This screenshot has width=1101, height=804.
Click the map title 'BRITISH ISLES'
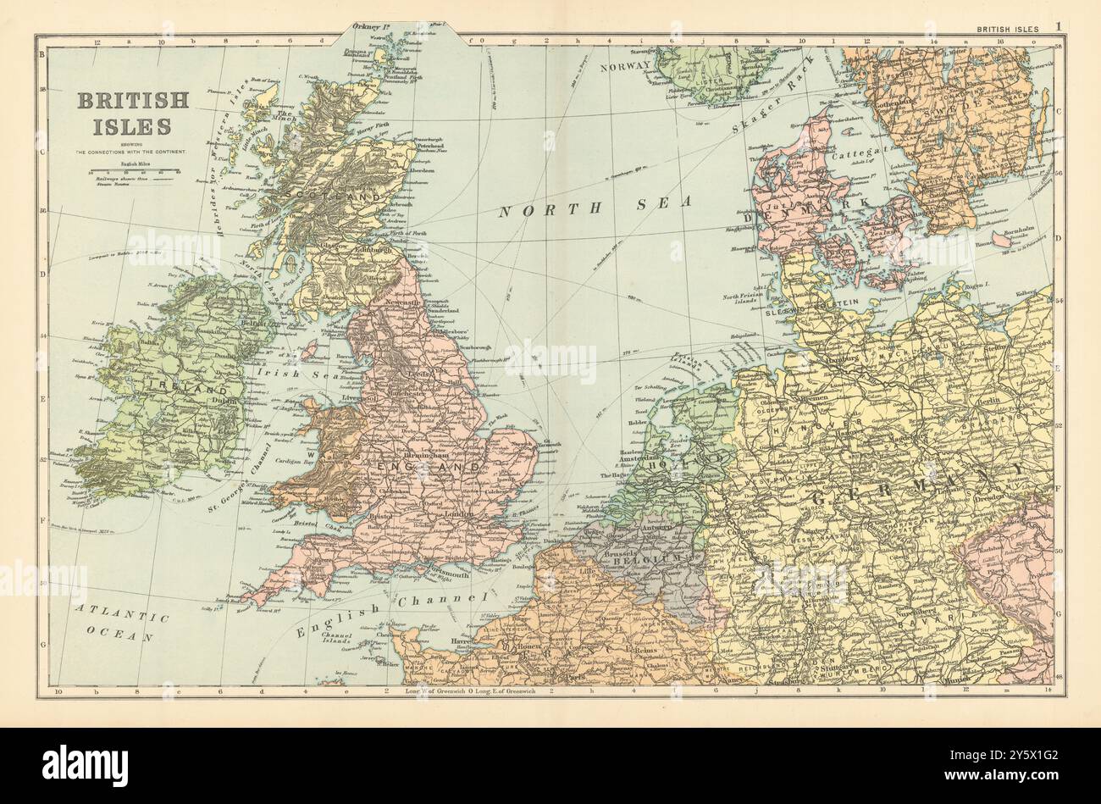click(133, 113)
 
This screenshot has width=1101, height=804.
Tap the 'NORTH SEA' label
click(595, 206)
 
